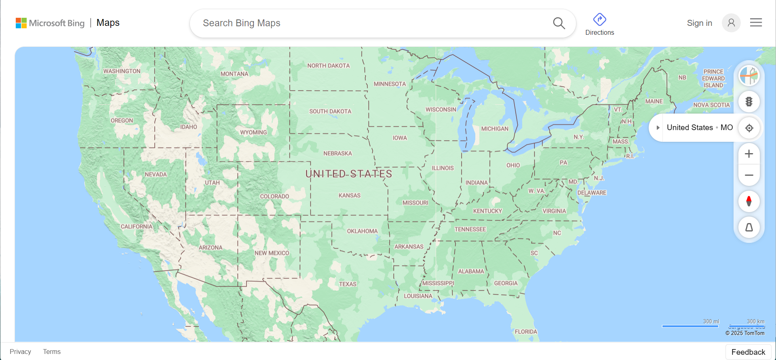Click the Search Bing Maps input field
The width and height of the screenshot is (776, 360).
[372, 23]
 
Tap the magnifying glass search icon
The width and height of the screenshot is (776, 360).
[559, 23]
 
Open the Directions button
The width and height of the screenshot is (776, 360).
[599, 24]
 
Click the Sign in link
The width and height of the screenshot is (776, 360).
[699, 23]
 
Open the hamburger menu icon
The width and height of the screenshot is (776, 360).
[756, 23]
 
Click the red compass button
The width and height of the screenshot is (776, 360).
[749, 201]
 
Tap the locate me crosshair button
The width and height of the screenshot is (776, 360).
[749, 128]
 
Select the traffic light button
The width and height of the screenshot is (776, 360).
[749, 102]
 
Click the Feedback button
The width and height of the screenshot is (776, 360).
[748, 352]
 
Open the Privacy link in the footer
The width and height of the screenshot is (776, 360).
[20, 352]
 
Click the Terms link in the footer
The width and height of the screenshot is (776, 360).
[52, 352]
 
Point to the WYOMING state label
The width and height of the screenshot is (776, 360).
[253, 133]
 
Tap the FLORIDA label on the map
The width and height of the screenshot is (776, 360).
[526, 332]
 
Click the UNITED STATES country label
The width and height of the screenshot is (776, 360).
[348, 174]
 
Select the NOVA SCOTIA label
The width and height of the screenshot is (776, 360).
[711, 105]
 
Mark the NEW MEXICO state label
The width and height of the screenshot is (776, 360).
[272, 253]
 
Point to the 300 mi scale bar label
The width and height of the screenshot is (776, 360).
[711, 322]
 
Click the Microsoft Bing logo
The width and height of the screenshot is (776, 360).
[50, 23]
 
